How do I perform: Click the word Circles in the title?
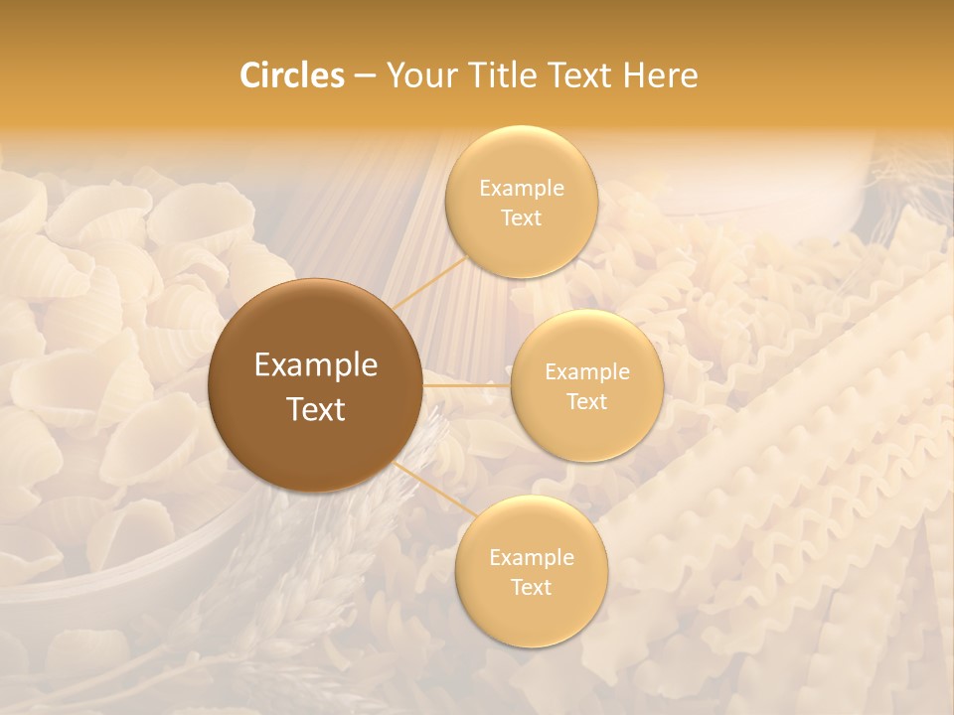[291, 75]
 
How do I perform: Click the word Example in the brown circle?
[316, 365]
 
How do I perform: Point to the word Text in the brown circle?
[316, 409]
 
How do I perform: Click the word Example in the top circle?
[521, 189]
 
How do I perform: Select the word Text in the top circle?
[521, 218]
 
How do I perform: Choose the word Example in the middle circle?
[586, 372]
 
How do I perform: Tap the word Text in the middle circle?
[586, 402]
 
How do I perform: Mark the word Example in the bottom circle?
[531, 557]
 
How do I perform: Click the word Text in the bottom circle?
[531, 587]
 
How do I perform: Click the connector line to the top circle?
[430, 282]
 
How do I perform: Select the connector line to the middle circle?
[467, 385]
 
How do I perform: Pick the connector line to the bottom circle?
[429, 487]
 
